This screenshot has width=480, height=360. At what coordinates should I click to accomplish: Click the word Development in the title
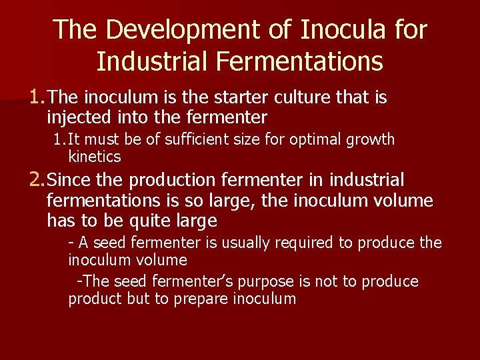(193, 29)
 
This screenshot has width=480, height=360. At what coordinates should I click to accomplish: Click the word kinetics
(95, 157)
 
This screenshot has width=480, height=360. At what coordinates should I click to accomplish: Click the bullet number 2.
(36, 180)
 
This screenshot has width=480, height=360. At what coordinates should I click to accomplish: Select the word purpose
(243, 281)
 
